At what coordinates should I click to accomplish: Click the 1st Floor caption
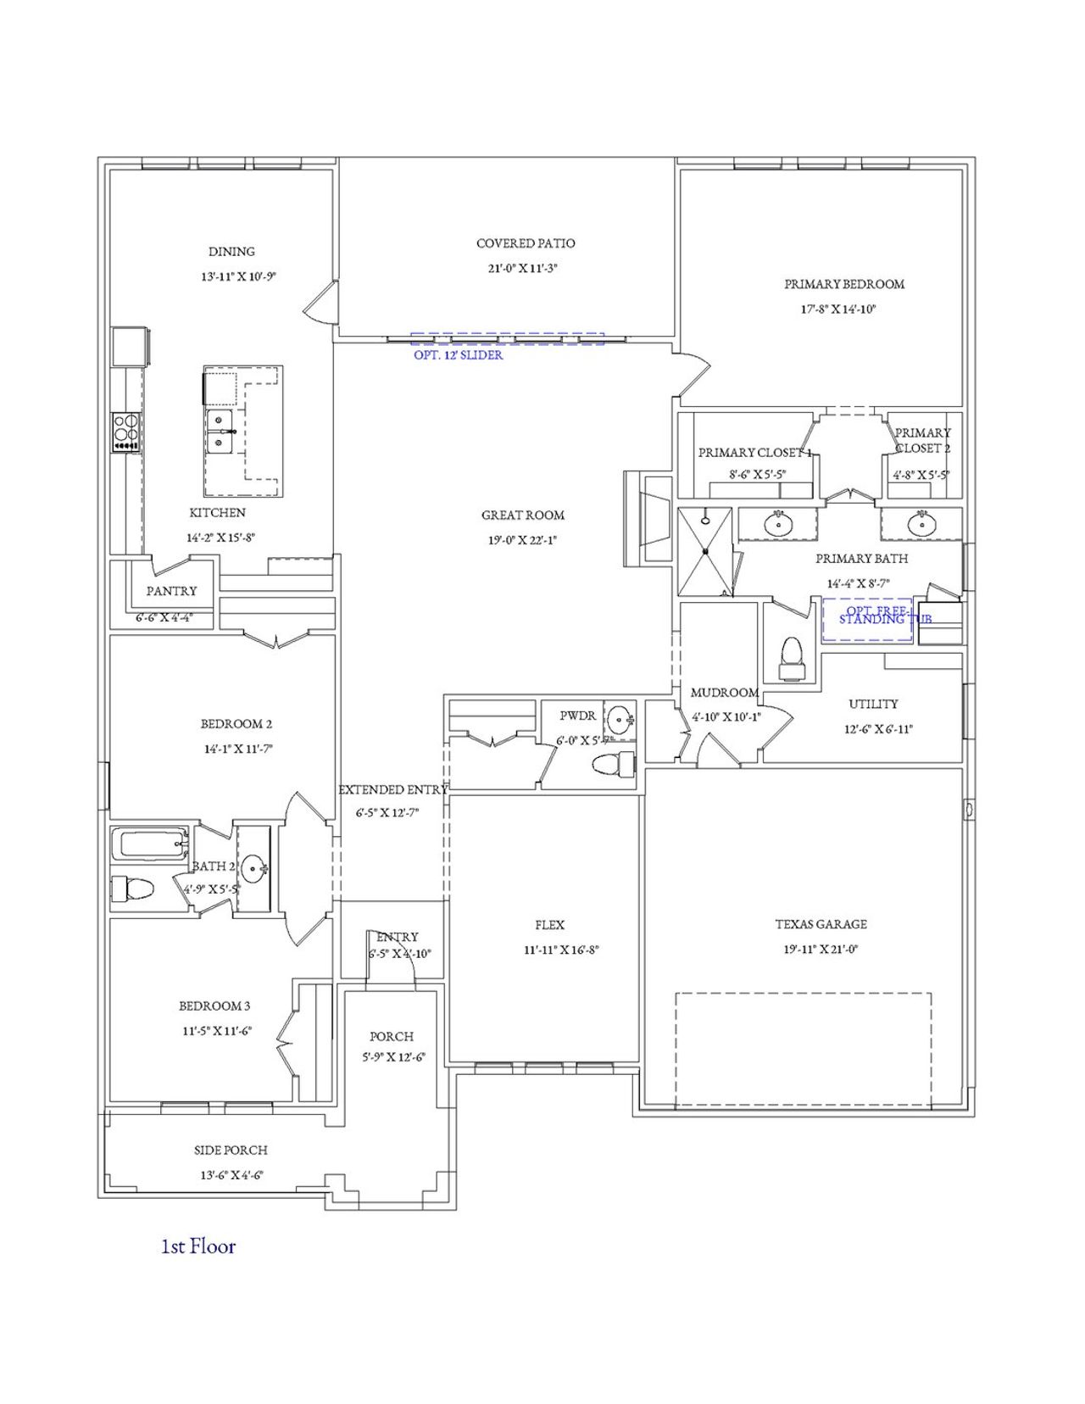[x=198, y=1246]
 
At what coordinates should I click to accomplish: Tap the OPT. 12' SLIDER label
[x=458, y=355]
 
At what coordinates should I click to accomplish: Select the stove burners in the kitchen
[x=126, y=431]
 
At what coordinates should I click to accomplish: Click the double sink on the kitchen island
[x=220, y=432]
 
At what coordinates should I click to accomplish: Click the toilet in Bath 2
[x=133, y=889]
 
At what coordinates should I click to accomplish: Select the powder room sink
[x=620, y=721]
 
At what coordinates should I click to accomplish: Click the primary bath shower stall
[x=705, y=552]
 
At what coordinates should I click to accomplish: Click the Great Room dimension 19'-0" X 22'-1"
[x=522, y=540]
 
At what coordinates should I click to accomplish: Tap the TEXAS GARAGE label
[x=821, y=924]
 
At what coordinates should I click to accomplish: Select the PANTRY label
[x=171, y=591]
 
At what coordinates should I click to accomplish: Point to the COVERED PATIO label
[x=526, y=243]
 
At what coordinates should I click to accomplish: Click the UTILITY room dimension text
[x=878, y=729]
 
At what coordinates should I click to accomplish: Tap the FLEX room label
[x=549, y=925]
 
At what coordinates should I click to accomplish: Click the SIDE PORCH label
[x=231, y=1150]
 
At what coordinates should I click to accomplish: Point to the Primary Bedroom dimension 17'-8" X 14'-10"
[x=838, y=309]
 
